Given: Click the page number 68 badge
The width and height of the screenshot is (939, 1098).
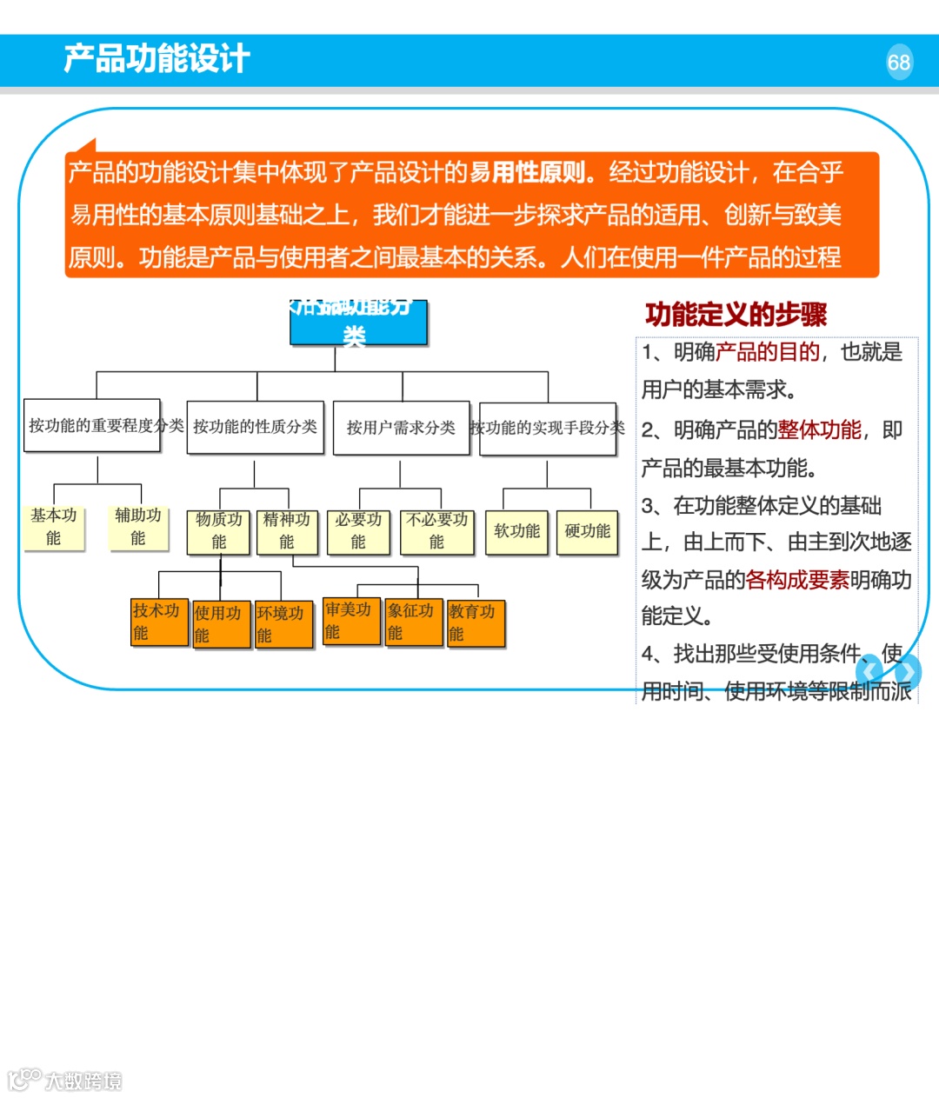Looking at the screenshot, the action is pos(899,63).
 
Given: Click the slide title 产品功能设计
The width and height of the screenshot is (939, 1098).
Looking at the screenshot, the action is pos(156,59).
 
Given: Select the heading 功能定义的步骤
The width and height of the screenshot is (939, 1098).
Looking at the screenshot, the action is pos(736,315).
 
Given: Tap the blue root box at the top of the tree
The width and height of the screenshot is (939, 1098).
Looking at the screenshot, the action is pos(358,323).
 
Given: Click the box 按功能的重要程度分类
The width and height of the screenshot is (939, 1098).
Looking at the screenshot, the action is pos(92,425).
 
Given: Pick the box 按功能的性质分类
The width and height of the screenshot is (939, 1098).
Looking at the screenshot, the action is pos(256,427).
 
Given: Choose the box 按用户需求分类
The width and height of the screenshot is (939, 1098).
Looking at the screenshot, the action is pos(401,428).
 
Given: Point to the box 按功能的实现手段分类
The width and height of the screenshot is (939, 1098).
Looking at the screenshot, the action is pos(548,428).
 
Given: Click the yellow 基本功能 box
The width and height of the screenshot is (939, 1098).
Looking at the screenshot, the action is pos(54,527).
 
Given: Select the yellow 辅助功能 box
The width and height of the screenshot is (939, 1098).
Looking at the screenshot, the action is pos(138,527).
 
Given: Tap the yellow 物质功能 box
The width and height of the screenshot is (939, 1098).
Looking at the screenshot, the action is pos(218,531).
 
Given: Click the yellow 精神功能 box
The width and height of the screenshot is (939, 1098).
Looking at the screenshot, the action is pos(287,531).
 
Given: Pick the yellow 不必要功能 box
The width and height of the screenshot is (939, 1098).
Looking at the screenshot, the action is pos(436,531).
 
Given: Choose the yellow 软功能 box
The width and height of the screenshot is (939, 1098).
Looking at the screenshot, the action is pos(516,531).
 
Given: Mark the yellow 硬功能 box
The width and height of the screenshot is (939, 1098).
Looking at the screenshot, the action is pos(587,531).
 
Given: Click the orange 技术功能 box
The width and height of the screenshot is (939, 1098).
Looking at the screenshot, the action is pos(159,622).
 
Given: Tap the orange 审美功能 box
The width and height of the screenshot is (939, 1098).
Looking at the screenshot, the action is pos(351,621).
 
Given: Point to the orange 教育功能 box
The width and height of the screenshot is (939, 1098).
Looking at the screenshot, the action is pos(476,622).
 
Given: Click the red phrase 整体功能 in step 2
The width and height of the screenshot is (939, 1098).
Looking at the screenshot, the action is pos(819,430).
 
